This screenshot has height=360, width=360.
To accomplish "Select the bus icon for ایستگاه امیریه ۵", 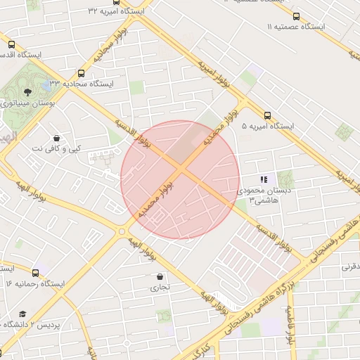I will tap(267, 115).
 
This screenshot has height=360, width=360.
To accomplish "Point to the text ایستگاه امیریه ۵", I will tap(267, 127).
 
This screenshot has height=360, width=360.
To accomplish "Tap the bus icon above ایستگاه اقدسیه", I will tap(11, 44).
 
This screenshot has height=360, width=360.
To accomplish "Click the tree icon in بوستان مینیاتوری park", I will tap(27, 91).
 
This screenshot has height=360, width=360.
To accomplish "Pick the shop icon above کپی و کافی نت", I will tap(57, 137).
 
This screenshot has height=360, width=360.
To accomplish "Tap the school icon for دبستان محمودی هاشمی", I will tap(264, 180).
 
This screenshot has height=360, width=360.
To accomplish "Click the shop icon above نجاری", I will tap(160, 276).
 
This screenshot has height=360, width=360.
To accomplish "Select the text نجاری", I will tap(160, 288).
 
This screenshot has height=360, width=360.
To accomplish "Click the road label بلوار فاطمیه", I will tap(288, 325).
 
